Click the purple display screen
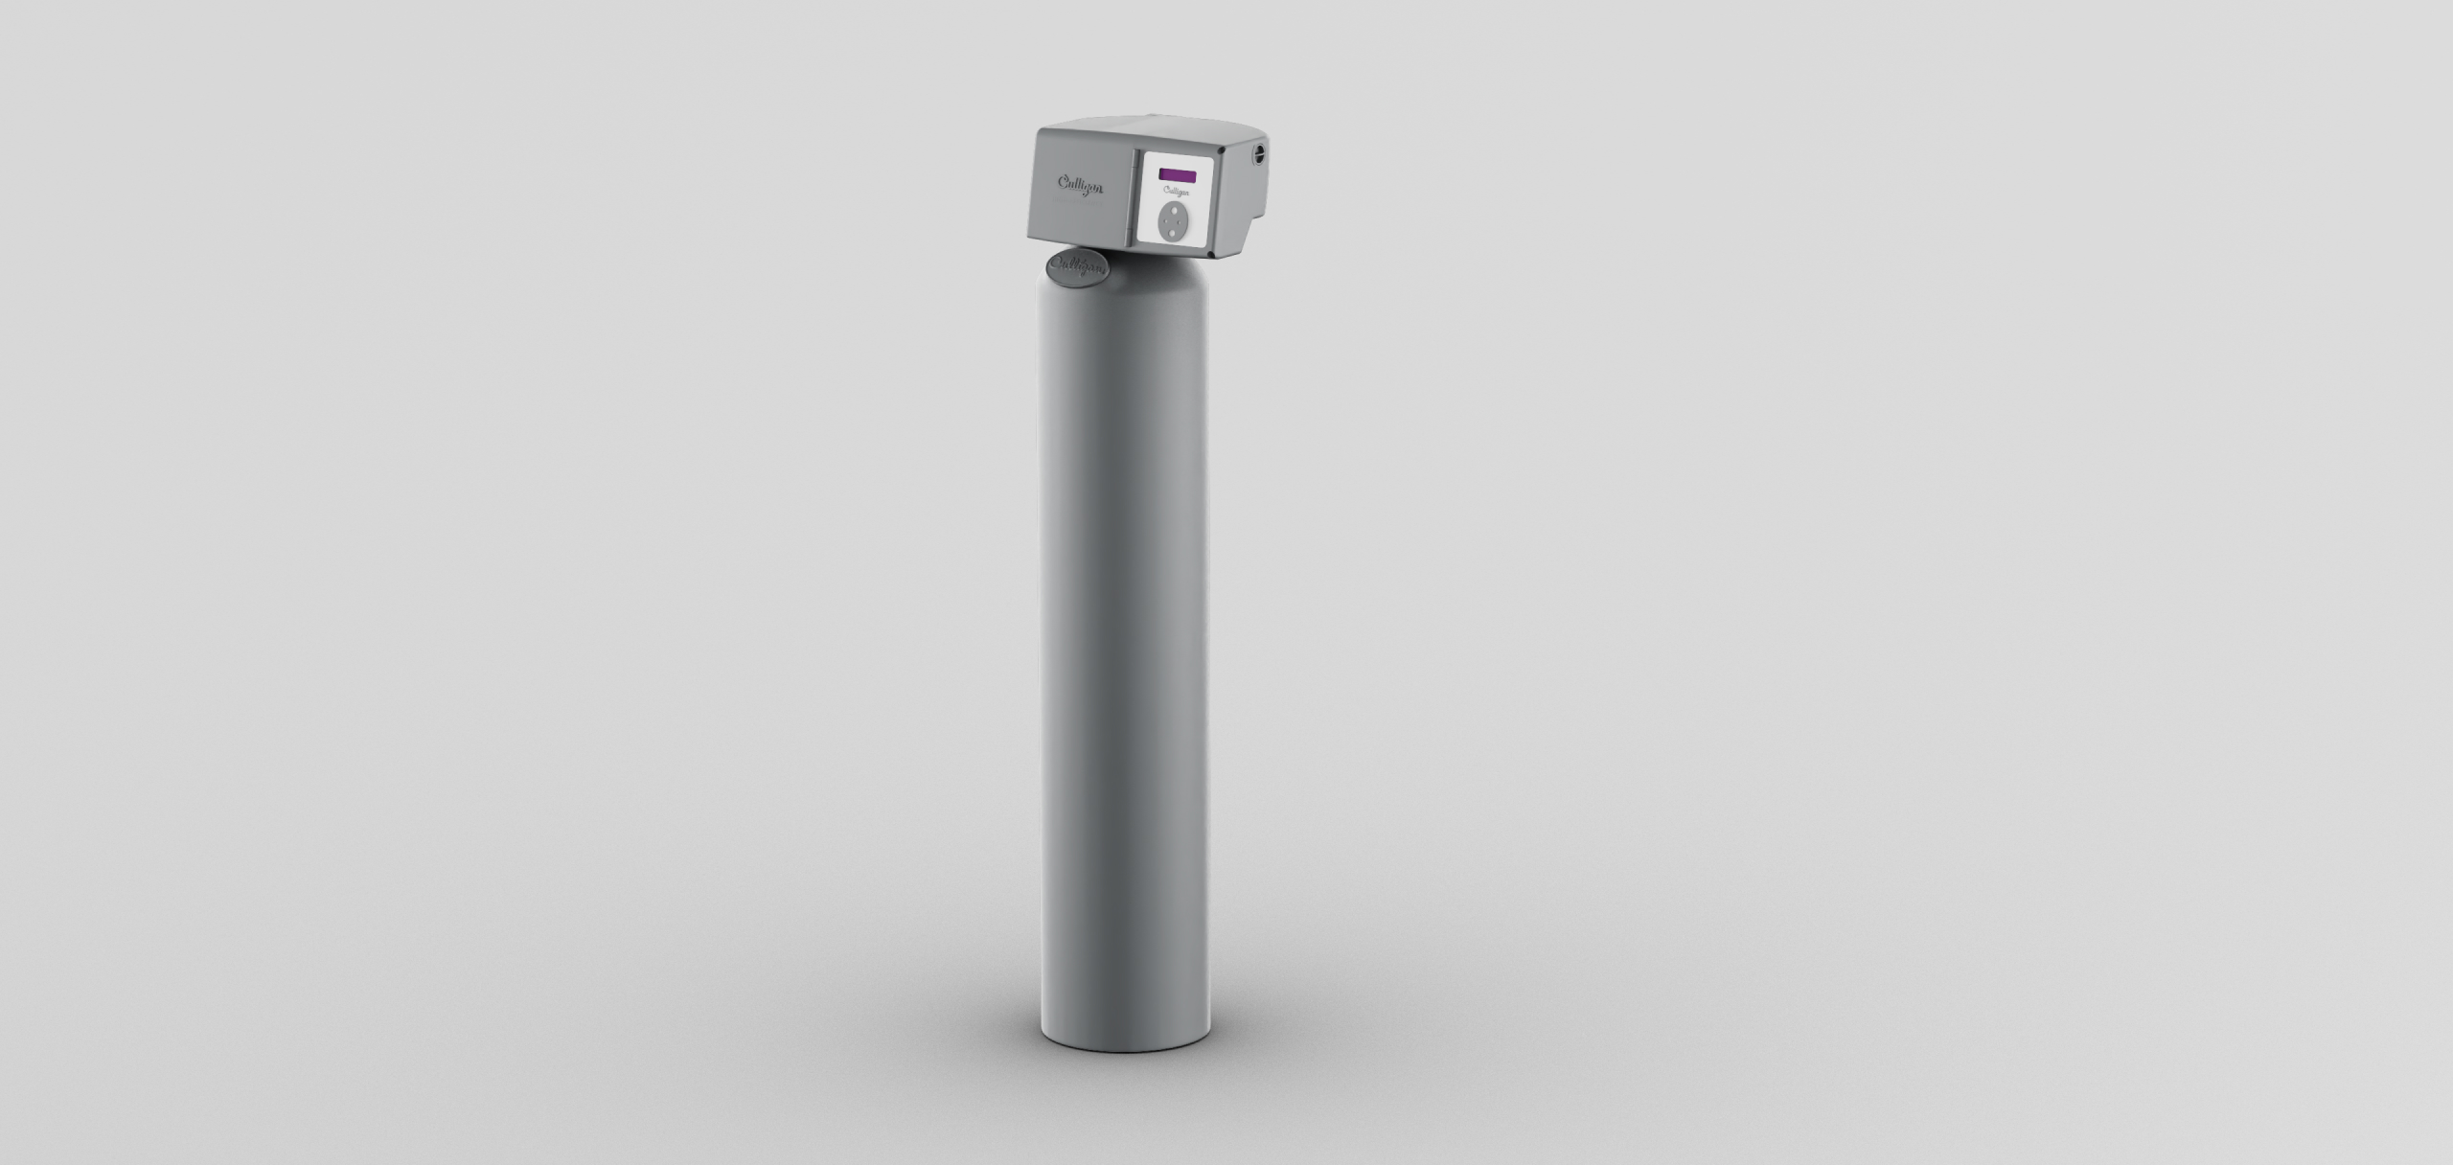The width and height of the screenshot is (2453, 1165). click(x=1178, y=175)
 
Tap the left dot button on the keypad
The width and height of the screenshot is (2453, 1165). click(x=1165, y=220)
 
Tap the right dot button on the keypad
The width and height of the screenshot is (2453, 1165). click(x=1180, y=222)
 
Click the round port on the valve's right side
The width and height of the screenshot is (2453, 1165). click(x=1259, y=153)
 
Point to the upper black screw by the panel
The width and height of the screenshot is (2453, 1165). click(x=1221, y=150)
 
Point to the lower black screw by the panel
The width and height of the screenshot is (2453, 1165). click(x=1211, y=254)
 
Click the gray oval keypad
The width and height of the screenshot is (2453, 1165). click(x=1173, y=221)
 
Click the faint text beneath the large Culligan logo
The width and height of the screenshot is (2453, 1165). click(x=1078, y=203)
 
